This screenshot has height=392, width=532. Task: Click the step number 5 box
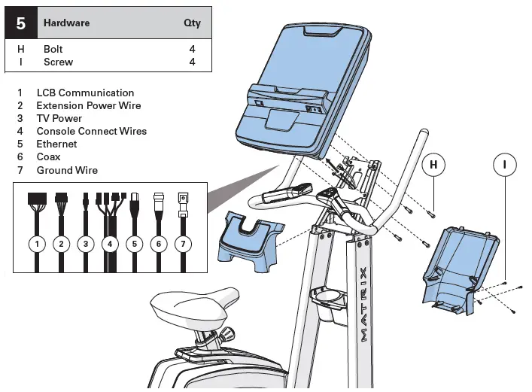click(x=21, y=23)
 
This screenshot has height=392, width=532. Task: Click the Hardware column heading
click(x=66, y=23)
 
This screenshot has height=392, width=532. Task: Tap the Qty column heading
click(x=193, y=23)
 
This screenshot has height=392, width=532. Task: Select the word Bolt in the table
click(x=53, y=49)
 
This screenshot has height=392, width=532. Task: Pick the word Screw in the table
click(x=58, y=62)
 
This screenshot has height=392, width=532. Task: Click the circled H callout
click(x=433, y=163)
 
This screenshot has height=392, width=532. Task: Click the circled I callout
click(x=505, y=163)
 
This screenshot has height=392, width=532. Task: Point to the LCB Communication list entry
click(x=85, y=93)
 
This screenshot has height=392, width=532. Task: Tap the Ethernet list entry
click(x=56, y=144)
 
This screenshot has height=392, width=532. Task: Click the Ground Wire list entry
click(x=67, y=170)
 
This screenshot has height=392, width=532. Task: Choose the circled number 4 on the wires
click(x=110, y=244)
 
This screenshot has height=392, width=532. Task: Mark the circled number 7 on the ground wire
click(x=182, y=244)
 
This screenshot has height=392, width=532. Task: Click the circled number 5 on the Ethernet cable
click(x=134, y=244)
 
